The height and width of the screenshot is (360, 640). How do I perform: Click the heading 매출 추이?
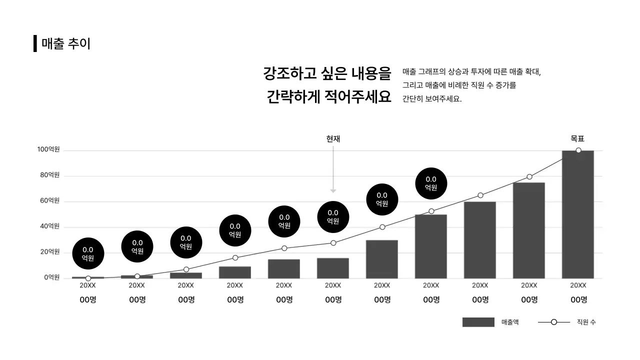pos(66,43)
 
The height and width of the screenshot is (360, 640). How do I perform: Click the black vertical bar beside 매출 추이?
pos(35,43)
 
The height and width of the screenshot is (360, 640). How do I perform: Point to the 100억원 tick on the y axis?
pos(48,149)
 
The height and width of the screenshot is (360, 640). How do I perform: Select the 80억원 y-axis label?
pos(50,175)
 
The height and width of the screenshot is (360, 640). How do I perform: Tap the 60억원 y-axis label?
pos(50,200)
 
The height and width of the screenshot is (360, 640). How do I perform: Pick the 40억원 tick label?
pos(50,226)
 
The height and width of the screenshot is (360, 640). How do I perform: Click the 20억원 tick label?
pos(50,251)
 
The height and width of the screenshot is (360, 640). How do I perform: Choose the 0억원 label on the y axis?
pos(51,277)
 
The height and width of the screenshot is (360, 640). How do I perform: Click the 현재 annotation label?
pos(333,139)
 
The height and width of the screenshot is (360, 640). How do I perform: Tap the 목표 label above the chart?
pos(577,139)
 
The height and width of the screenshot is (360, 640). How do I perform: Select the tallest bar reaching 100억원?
pos(577,215)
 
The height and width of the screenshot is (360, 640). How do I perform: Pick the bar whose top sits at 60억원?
pos(479,240)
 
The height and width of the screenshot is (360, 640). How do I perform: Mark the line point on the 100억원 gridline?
pos(578,150)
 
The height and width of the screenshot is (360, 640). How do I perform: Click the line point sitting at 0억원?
pos(88,278)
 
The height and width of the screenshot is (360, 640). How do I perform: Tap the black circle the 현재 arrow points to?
pos(333,217)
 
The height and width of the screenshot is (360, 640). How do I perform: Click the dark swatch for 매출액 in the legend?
pos(478,322)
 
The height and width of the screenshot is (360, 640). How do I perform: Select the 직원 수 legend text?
pos(586,322)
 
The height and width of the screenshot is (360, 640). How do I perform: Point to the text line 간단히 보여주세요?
pos(432,99)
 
